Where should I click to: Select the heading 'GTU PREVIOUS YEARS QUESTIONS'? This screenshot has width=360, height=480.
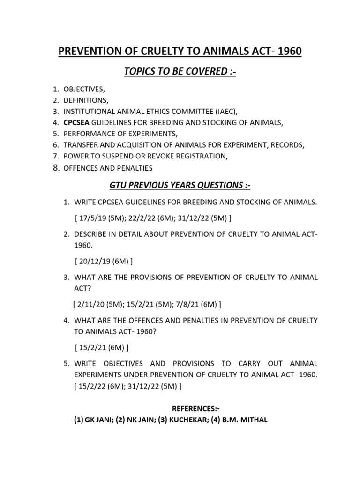click(x=180, y=186)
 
